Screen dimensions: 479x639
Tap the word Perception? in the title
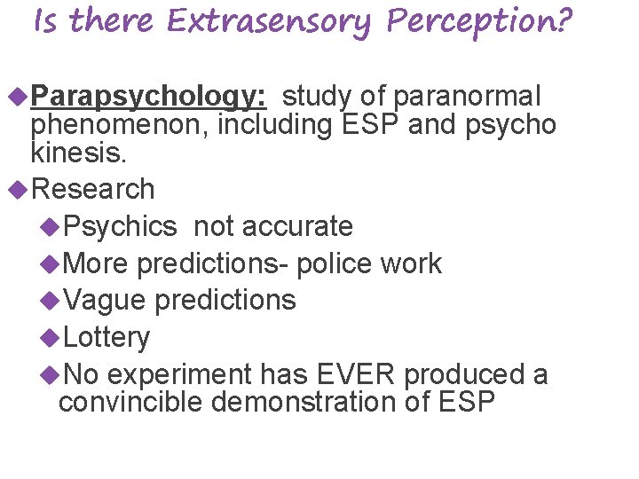(x=479, y=21)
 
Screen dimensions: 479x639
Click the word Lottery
(x=107, y=337)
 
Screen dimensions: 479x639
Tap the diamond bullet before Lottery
(x=51, y=337)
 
